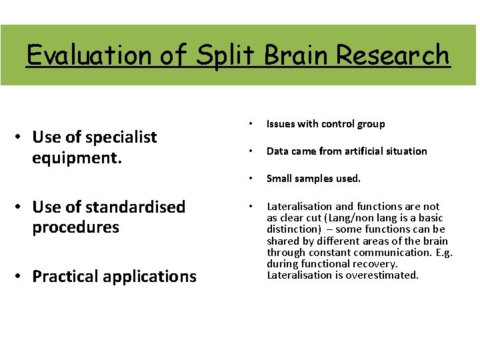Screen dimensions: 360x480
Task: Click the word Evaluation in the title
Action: coord(89,55)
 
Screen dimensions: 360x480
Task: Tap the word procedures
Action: coord(75,227)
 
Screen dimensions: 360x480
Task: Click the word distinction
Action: coord(292,229)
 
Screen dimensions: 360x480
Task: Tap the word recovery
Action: coord(376,263)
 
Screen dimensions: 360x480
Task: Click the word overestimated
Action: coord(383,275)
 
